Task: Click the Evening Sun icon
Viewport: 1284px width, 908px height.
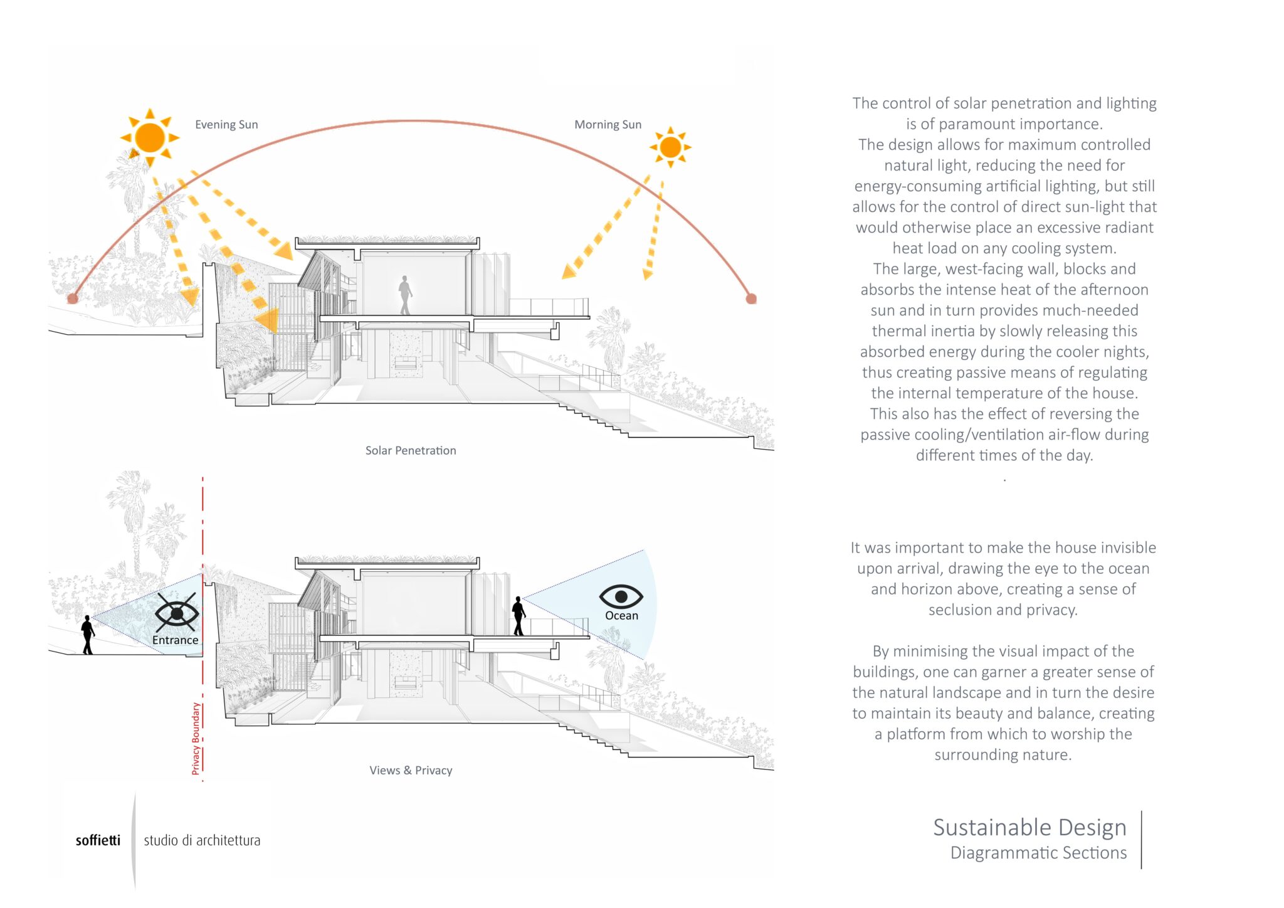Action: tap(150, 137)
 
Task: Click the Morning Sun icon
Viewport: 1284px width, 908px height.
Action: tap(670, 147)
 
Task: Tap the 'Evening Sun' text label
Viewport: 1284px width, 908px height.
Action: tap(226, 125)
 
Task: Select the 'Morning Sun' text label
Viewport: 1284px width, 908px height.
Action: tap(608, 125)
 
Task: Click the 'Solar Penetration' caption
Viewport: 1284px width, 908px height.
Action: tap(411, 450)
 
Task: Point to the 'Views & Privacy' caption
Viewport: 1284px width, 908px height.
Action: tap(411, 770)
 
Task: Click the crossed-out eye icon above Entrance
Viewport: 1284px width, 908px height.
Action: tap(176, 612)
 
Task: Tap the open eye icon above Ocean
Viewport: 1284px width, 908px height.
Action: tap(621, 596)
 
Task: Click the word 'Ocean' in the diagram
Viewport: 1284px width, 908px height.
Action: tap(621, 616)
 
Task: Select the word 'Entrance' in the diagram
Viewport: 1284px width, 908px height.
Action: tap(175, 640)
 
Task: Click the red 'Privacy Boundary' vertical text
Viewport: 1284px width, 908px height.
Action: tap(196, 738)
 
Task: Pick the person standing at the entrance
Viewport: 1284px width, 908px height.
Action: tap(88, 635)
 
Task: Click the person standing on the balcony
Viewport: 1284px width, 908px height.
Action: tap(518, 616)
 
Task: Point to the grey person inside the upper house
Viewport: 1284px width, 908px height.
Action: tap(405, 295)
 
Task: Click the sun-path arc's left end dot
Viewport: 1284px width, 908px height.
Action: tap(73, 298)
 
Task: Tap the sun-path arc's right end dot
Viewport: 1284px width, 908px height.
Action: tap(751, 298)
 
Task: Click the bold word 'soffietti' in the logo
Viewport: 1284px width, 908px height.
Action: tap(98, 840)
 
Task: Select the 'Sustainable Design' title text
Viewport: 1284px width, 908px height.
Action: tap(1029, 827)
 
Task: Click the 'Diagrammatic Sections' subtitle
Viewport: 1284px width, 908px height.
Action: tap(1038, 853)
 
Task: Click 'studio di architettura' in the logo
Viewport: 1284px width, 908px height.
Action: tap(202, 840)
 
